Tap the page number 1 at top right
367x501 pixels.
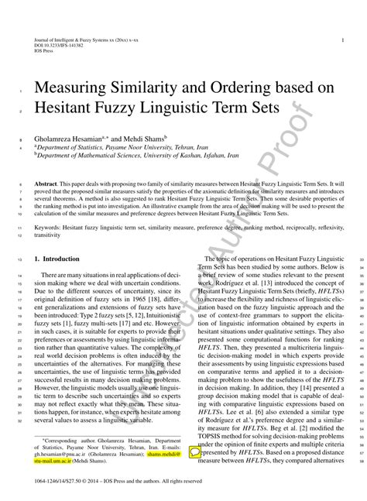pyautogui.click(x=342, y=38)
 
